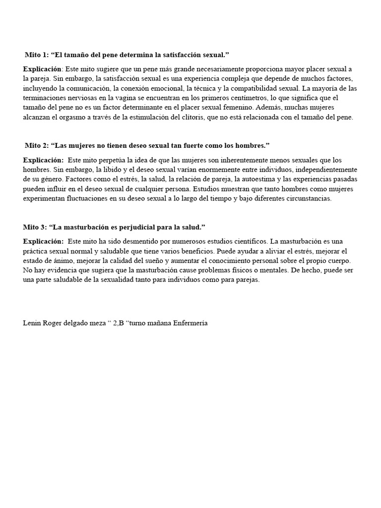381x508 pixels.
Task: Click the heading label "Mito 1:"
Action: [37, 54]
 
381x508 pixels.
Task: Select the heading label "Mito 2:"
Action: [37, 145]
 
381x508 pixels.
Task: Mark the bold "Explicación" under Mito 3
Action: [43, 241]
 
